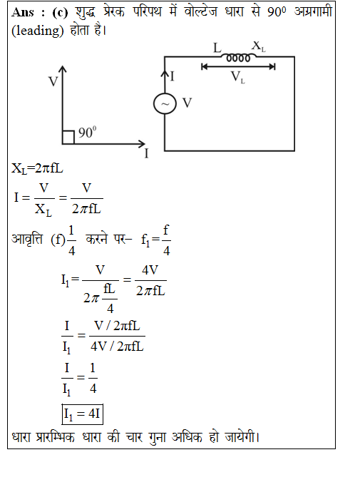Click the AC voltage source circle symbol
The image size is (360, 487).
coord(165,103)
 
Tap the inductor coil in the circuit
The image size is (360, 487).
coord(238,58)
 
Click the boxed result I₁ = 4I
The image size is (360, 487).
coord(82,414)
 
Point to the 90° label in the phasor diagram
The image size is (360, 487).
coord(87,132)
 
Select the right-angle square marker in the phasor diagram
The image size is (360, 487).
coord(68,137)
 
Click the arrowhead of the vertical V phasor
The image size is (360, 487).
coord(63,69)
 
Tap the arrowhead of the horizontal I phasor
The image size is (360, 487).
coord(142,144)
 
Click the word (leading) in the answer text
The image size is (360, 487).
coord(38,31)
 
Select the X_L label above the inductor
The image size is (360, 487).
coord(259,46)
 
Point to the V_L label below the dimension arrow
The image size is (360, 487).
coord(238,77)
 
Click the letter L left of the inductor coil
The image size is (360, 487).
coord(217,48)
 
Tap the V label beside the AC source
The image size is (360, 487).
coord(187,103)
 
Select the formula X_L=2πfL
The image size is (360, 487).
coord(37,169)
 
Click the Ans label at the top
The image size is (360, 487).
coord(23,12)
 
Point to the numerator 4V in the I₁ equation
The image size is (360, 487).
coord(150,270)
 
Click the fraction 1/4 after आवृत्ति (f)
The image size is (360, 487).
coord(71,240)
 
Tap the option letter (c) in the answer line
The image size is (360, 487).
coord(60,12)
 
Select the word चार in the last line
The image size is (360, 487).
coord(134,437)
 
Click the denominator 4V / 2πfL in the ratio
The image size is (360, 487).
coord(117,347)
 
